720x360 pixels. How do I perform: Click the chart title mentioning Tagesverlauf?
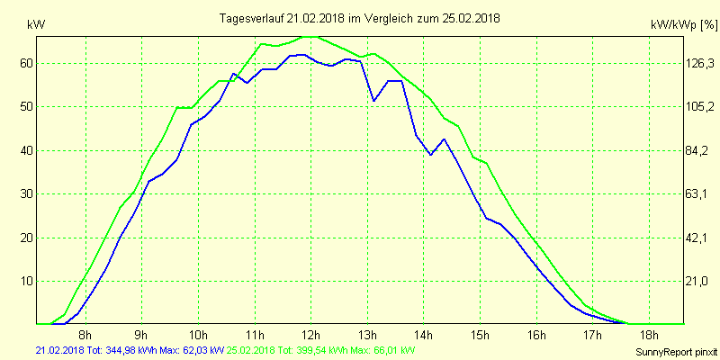pyautogui.click(x=360, y=18)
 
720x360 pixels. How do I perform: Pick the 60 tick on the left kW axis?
pyautogui.click(x=27, y=63)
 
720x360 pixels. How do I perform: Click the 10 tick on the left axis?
pyautogui.click(x=27, y=281)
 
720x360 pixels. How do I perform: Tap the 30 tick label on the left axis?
pyautogui.click(x=27, y=193)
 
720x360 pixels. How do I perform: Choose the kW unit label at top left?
pyautogui.click(x=36, y=25)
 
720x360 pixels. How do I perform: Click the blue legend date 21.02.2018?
pyautogui.click(x=59, y=349)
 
